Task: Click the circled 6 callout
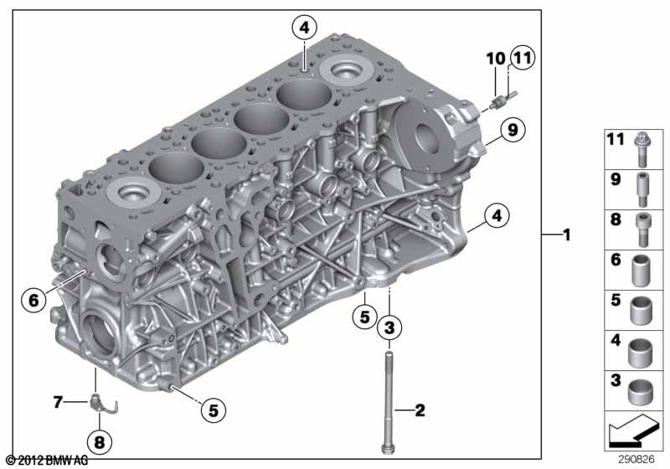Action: pyautogui.click(x=33, y=300)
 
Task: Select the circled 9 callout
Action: pyautogui.click(x=513, y=129)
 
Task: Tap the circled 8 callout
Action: pyautogui.click(x=99, y=441)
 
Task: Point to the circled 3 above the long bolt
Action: pyautogui.click(x=389, y=327)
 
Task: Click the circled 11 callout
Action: pyautogui.click(x=522, y=57)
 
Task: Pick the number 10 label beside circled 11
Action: pyautogui.click(x=496, y=58)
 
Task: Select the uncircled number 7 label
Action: pyautogui.click(x=58, y=402)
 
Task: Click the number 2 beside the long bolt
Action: pyautogui.click(x=420, y=410)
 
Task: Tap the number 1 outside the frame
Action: pyautogui.click(x=567, y=234)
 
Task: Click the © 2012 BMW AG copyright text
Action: pyautogui.click(x=47, y=461)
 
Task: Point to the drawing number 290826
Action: pyautogui.click(x=636, y=460)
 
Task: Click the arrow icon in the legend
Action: pyautogui.click(x=633, y=430)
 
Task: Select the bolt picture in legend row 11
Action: pyautogui.click(x=642, y=150)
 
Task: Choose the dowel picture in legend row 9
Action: pyautogui.click(x=642, y=189)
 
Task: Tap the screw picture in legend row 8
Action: pyautogui.click(x=642, y=229)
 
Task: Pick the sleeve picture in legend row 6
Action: pyautogui.click(x=641, y=271)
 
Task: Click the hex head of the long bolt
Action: pyautogui.click(x=387, y=449)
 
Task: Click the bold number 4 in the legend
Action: pyautogui.click(x=616, y=340)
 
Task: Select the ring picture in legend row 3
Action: pyautogui.click(x=641, y=391)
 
